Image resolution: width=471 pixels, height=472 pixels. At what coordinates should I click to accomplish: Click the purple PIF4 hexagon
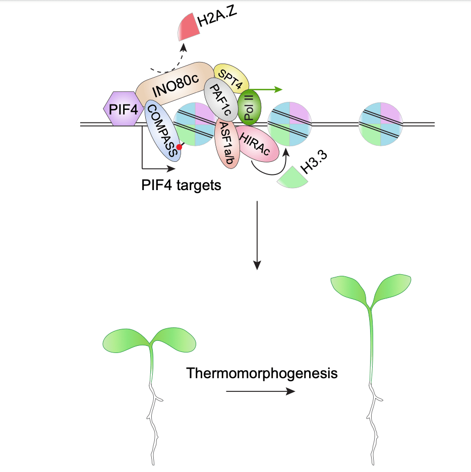(120, 108)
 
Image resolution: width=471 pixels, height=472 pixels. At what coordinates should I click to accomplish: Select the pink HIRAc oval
(258, 145)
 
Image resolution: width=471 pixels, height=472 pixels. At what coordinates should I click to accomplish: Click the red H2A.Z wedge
(189, 28)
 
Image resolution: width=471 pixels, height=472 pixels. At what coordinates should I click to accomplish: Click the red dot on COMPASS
(179, 147)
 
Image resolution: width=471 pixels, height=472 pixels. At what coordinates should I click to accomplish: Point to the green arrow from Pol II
(270, 89)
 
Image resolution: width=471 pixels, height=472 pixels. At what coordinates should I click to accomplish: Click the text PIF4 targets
(181, 185)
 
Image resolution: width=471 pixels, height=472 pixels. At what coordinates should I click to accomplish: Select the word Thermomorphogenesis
(262, 374)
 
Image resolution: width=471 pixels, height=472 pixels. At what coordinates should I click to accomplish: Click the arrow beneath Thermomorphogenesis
(260, 391)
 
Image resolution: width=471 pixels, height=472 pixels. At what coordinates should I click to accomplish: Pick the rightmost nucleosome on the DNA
(381, 124)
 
